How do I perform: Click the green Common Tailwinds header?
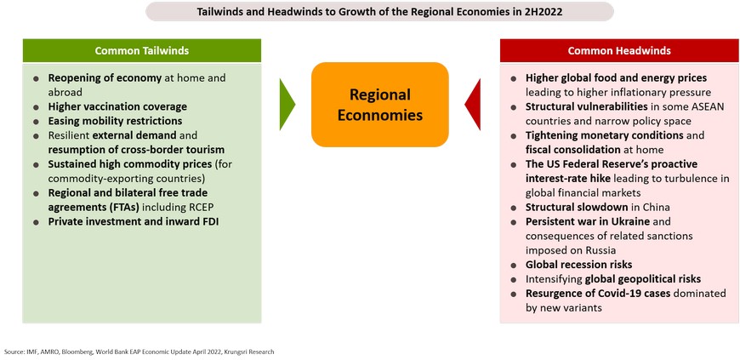point(141,50)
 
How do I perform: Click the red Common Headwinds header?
point(619,50)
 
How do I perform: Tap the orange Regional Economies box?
point(380,105)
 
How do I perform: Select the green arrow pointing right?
point(287,105)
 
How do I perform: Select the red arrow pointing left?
point(473,105)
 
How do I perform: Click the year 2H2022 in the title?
point(544,12)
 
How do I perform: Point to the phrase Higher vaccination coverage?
point(117,106)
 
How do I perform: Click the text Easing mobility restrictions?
point(115,121)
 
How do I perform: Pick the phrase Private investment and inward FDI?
point(134,221)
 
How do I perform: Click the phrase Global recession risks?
point(579,265)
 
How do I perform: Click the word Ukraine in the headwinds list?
point(630,221)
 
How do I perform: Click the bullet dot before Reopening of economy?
point(36,79)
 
